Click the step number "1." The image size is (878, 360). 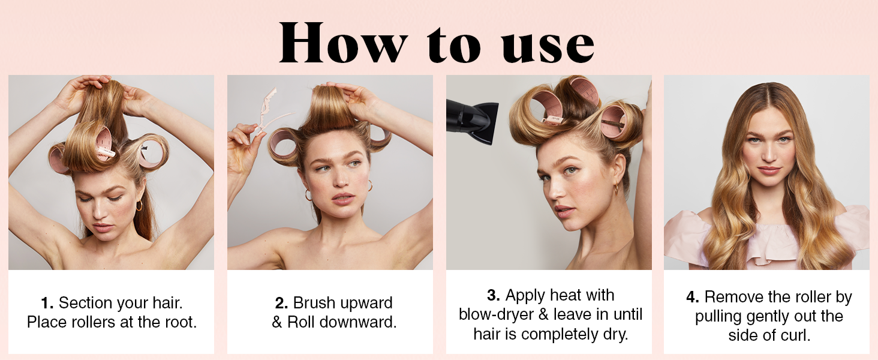pyautogui.click(x=47, y=303)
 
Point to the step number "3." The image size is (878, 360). pyautogui.click(x=494, y=295)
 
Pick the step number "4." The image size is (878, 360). pyautogui.click(x=693, y=297)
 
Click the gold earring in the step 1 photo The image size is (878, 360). pyautogui.click(x=139, y=206)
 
